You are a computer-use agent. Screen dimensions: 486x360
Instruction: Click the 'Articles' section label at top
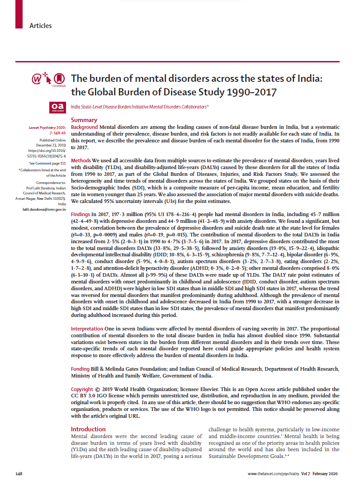click(40, 25)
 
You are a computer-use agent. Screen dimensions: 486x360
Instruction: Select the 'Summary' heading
click(84, 120)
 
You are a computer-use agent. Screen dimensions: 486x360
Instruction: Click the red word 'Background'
click(85, 127)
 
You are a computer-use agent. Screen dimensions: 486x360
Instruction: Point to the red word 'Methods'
click(81, 160)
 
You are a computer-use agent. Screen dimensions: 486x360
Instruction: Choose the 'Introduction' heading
click(88, 429)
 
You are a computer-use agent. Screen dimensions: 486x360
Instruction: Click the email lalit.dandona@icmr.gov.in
click(45, 210)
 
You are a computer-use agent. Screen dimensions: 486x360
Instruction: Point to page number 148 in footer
click(19, 473)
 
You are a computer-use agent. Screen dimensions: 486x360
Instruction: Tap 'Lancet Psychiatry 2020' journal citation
click(47, 128)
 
